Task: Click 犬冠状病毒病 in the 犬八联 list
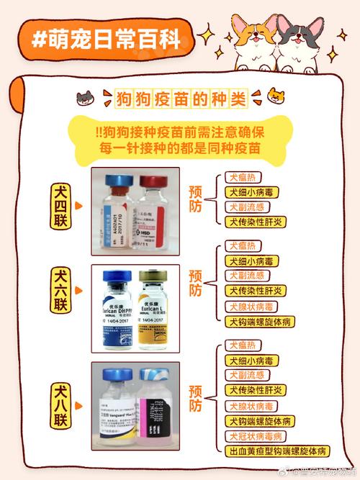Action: pyautogui.click(x=256, y=436)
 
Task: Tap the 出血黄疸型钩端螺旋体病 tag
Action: pyautogui.click(x=278, y=451)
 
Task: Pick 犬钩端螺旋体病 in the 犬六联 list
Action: pyautogui.click(x=260, y=320)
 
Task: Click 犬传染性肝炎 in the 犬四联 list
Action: pyautogui.click(x=255, y=221)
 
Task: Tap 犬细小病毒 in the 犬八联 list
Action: pyautogui.click(x=253, y=360)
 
